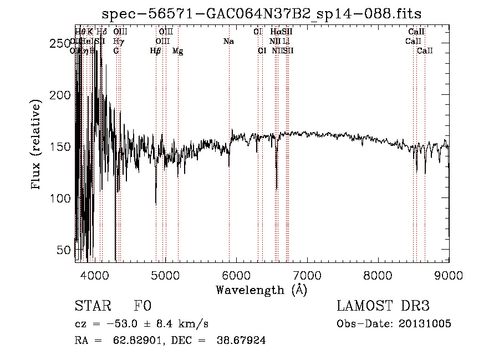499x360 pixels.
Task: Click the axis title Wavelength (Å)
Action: point(261,290)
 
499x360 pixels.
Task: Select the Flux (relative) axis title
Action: point(37,145)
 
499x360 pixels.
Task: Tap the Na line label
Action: point(228,42)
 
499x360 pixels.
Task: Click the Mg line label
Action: point(177,51)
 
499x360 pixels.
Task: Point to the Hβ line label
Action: point(155,51)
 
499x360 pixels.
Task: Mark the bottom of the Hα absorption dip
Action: point(277,189)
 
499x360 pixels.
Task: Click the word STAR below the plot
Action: point(93,306)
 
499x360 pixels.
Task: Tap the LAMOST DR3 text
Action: point(383,306)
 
